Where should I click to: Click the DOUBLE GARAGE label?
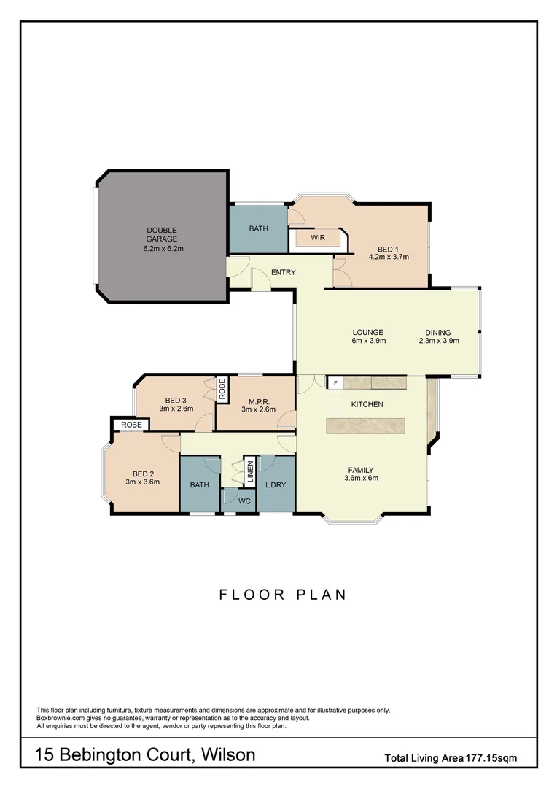(160, 235)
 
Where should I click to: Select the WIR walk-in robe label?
(318, 238)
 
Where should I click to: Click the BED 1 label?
(388, 247)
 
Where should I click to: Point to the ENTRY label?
(284, 272)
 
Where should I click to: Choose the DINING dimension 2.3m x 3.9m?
(438, 341)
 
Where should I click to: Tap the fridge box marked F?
(335, 382)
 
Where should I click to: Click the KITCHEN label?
(367, 404)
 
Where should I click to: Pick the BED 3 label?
(176, 400)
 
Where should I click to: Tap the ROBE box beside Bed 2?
(131, 424)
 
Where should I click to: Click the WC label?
(244, 501)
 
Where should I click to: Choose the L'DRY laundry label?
(275, 484)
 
